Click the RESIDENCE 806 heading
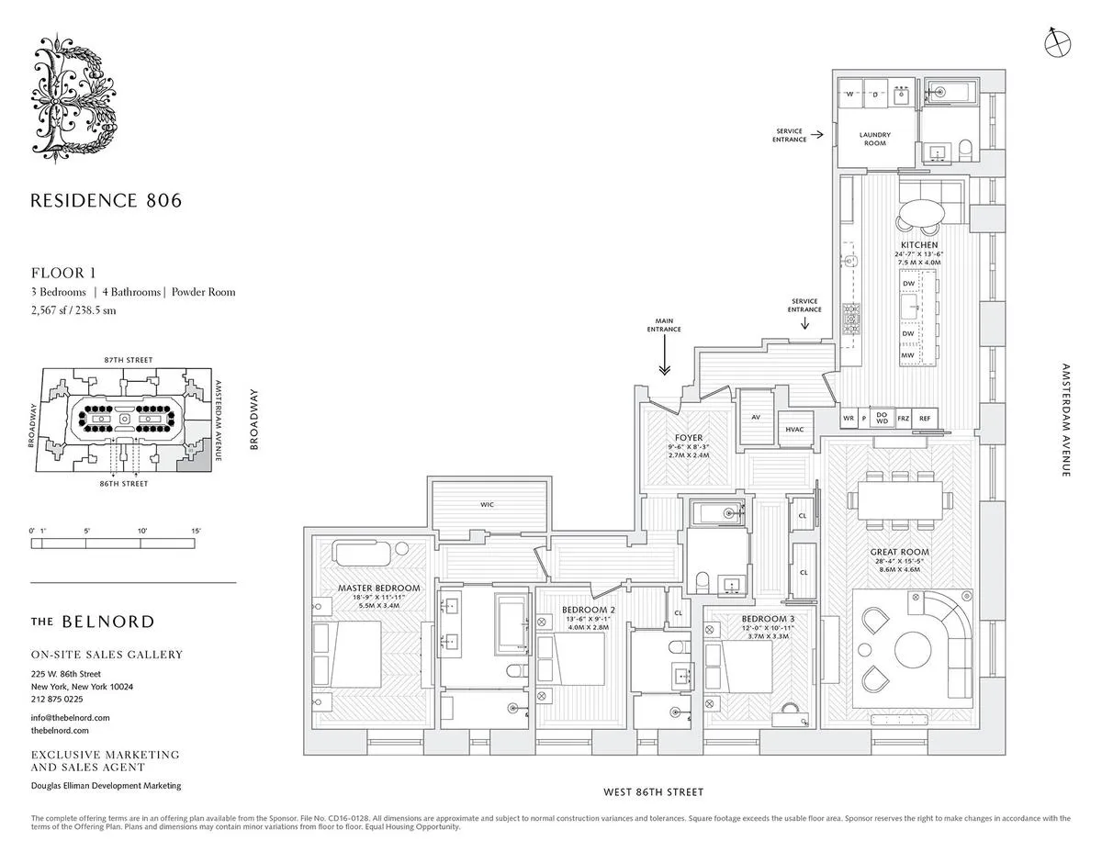coord(107,200)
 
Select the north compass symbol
coord(1058,40)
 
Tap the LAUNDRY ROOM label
coord(874,140)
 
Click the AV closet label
coord(756,417)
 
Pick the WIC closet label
coord(487,504)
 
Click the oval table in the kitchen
coord(919,213)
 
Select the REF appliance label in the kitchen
coord(924,419)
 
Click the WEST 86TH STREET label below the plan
coord(653,791)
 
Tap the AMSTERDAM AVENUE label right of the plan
coord(1066,419)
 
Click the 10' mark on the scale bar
coord(142,531)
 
